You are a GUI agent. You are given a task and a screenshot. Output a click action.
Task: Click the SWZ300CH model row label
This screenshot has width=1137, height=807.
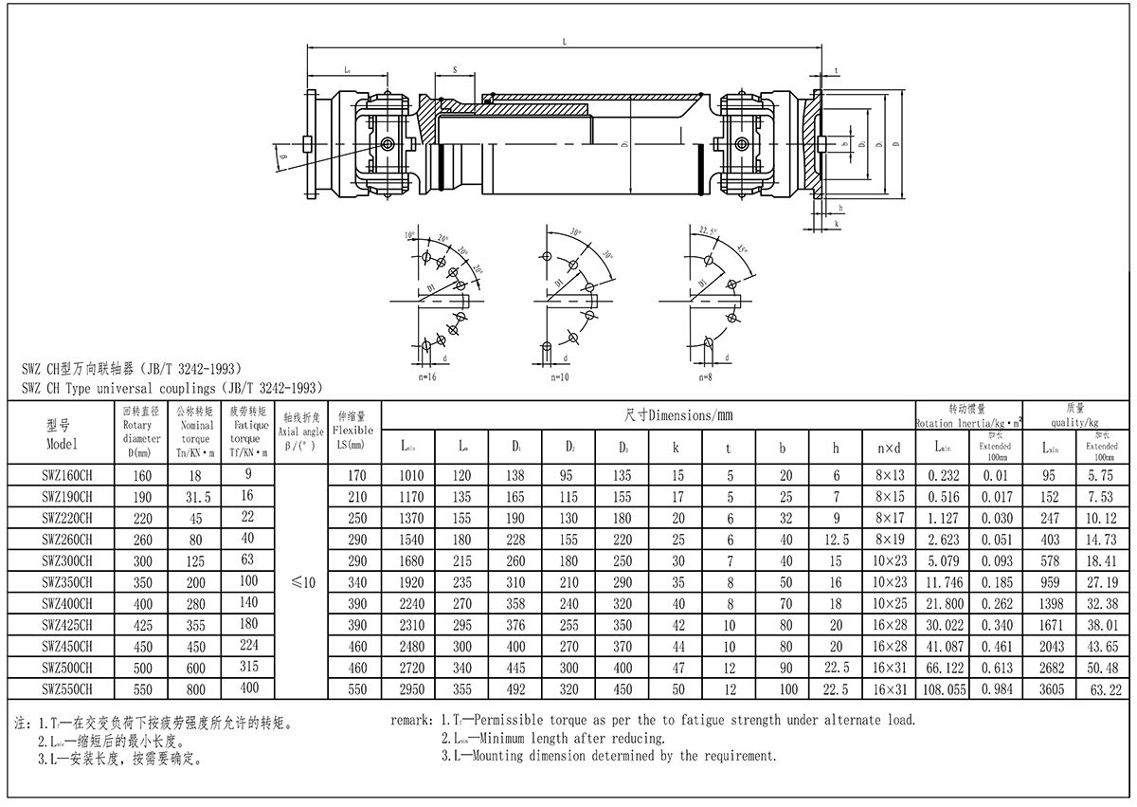[66, 560]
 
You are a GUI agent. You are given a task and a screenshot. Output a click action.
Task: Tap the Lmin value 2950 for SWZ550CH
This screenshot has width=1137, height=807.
[412, 689]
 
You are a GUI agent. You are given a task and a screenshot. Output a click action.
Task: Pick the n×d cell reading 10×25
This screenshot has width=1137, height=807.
[889, 603]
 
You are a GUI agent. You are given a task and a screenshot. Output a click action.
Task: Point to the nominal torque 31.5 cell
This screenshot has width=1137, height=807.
[196, 496]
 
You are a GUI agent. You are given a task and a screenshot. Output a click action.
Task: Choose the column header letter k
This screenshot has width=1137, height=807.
[677, 444]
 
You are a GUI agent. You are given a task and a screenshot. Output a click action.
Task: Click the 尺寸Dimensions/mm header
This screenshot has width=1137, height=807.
[678, 415]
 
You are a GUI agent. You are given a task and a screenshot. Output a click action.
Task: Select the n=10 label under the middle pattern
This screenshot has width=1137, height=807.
[560, 377]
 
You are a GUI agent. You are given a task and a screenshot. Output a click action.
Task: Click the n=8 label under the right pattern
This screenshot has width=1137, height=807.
[703, 377]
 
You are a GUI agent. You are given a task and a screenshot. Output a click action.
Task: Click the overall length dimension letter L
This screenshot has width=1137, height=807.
[564, 42]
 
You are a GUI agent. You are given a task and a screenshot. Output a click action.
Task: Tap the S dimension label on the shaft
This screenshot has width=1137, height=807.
[455, 69]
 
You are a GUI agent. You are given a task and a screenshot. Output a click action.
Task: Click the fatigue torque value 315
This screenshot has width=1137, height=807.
[247, 668]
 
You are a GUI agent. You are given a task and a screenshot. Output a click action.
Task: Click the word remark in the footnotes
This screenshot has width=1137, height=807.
[412, 720]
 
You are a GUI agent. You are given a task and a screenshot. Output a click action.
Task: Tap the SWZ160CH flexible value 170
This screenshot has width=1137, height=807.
[356, 474]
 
